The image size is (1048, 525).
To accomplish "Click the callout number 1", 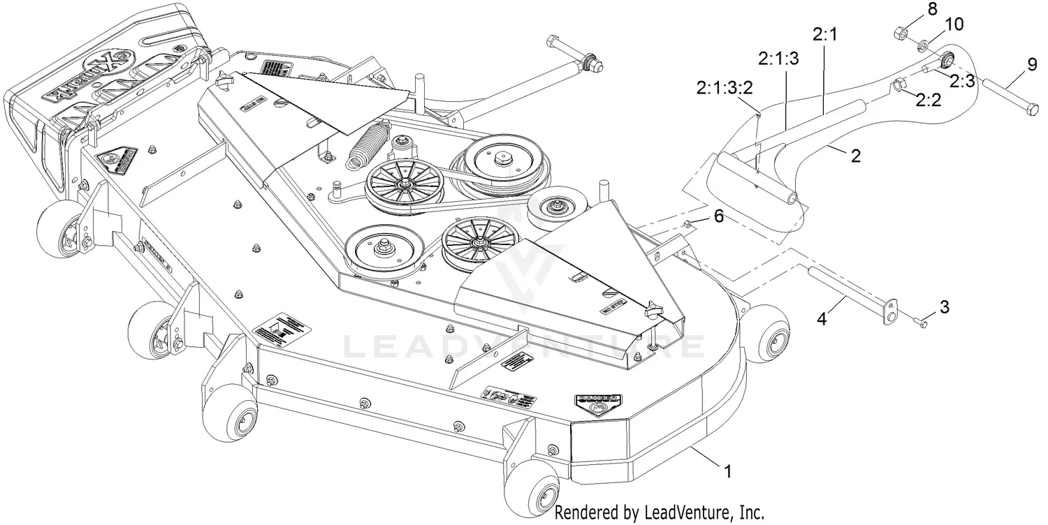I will click(729, 473).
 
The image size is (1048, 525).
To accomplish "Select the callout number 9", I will click(1032, 66).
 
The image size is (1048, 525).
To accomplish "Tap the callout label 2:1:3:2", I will click(726, 89).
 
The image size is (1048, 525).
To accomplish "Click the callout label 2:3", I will click(962, 81).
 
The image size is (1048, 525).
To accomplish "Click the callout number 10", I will click(954, 24).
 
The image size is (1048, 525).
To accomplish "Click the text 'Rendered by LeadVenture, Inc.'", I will click(650, 513).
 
